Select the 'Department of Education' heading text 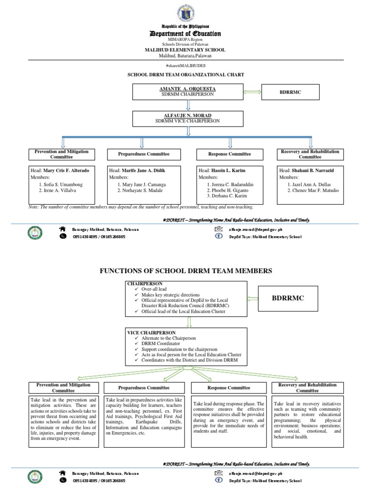tap(186, 33)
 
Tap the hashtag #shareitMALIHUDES tap(186, 65)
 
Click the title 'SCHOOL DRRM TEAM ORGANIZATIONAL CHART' tap(186, 74)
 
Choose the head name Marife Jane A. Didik tap(146, 171)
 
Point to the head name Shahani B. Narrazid tap(314, 171)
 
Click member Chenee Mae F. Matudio tap(313, 191)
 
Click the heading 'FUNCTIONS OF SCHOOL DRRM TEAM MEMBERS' tap(186, 270)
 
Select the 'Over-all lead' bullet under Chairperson tap(155, 289)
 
